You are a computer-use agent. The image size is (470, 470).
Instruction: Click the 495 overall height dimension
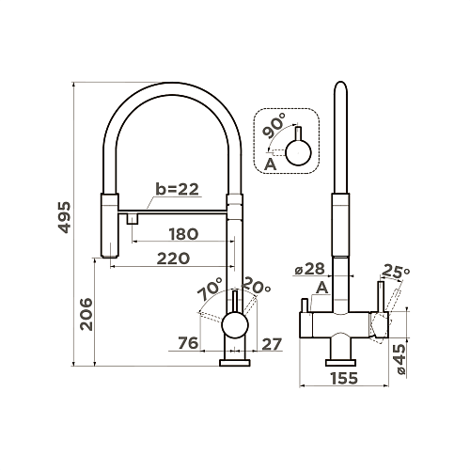coord(65,217)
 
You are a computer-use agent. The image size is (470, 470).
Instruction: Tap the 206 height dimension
coord(86,314)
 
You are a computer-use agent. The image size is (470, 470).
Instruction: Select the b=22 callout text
coord(178,189)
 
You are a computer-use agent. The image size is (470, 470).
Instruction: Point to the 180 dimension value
coord(183,234)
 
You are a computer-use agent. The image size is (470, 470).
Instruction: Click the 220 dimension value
coord(173,258)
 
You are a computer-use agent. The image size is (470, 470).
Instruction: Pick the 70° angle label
coord(210,290)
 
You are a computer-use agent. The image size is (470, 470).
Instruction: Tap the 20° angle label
coord(256,286)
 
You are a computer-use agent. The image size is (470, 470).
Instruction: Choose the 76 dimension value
coord(188,343)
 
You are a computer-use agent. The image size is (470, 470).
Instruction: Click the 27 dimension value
coord(272,344)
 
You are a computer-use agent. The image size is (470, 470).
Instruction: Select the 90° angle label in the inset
coord(274,126)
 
